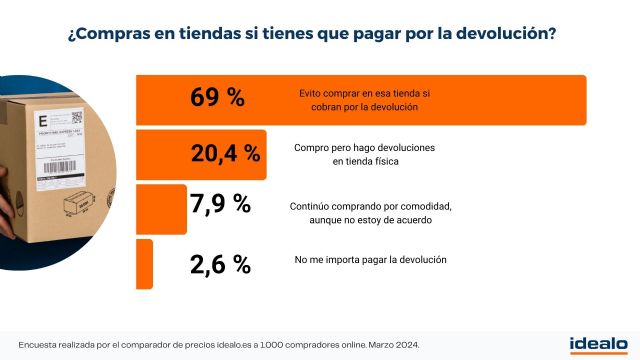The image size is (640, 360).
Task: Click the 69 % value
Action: tap(217, 98)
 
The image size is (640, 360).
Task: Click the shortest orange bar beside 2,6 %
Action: tap(144, 263)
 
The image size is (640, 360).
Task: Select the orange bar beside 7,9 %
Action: tap(160, 208)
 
